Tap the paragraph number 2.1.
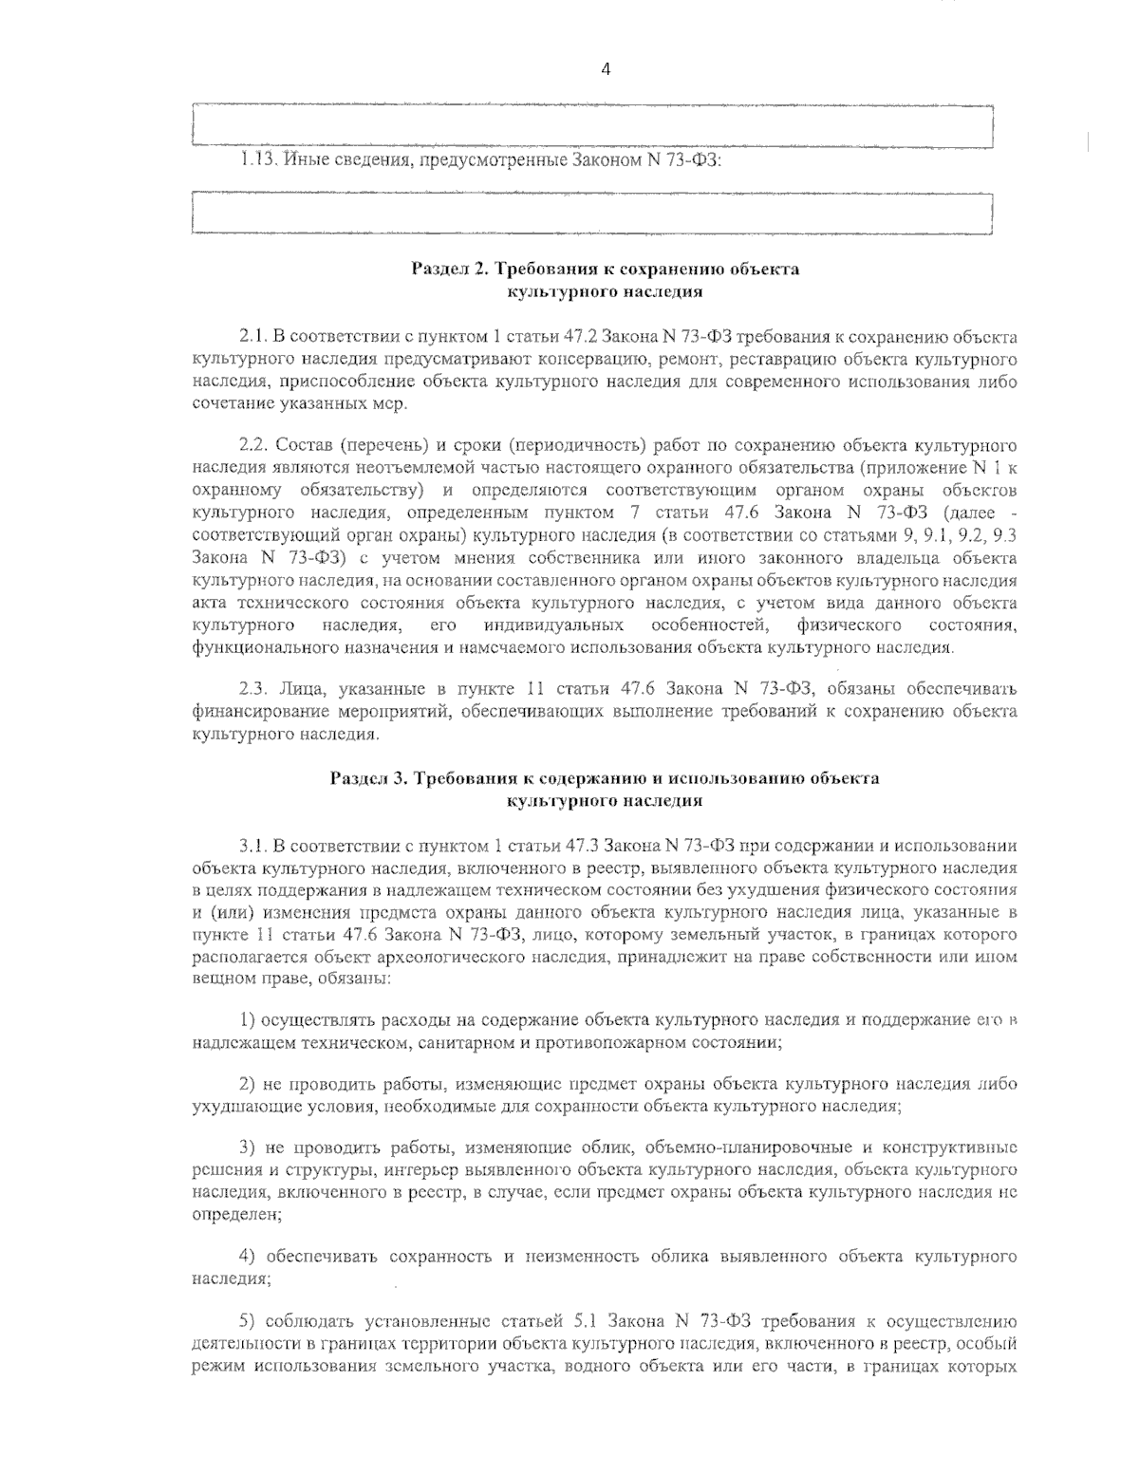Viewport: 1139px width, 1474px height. [251, 337]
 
